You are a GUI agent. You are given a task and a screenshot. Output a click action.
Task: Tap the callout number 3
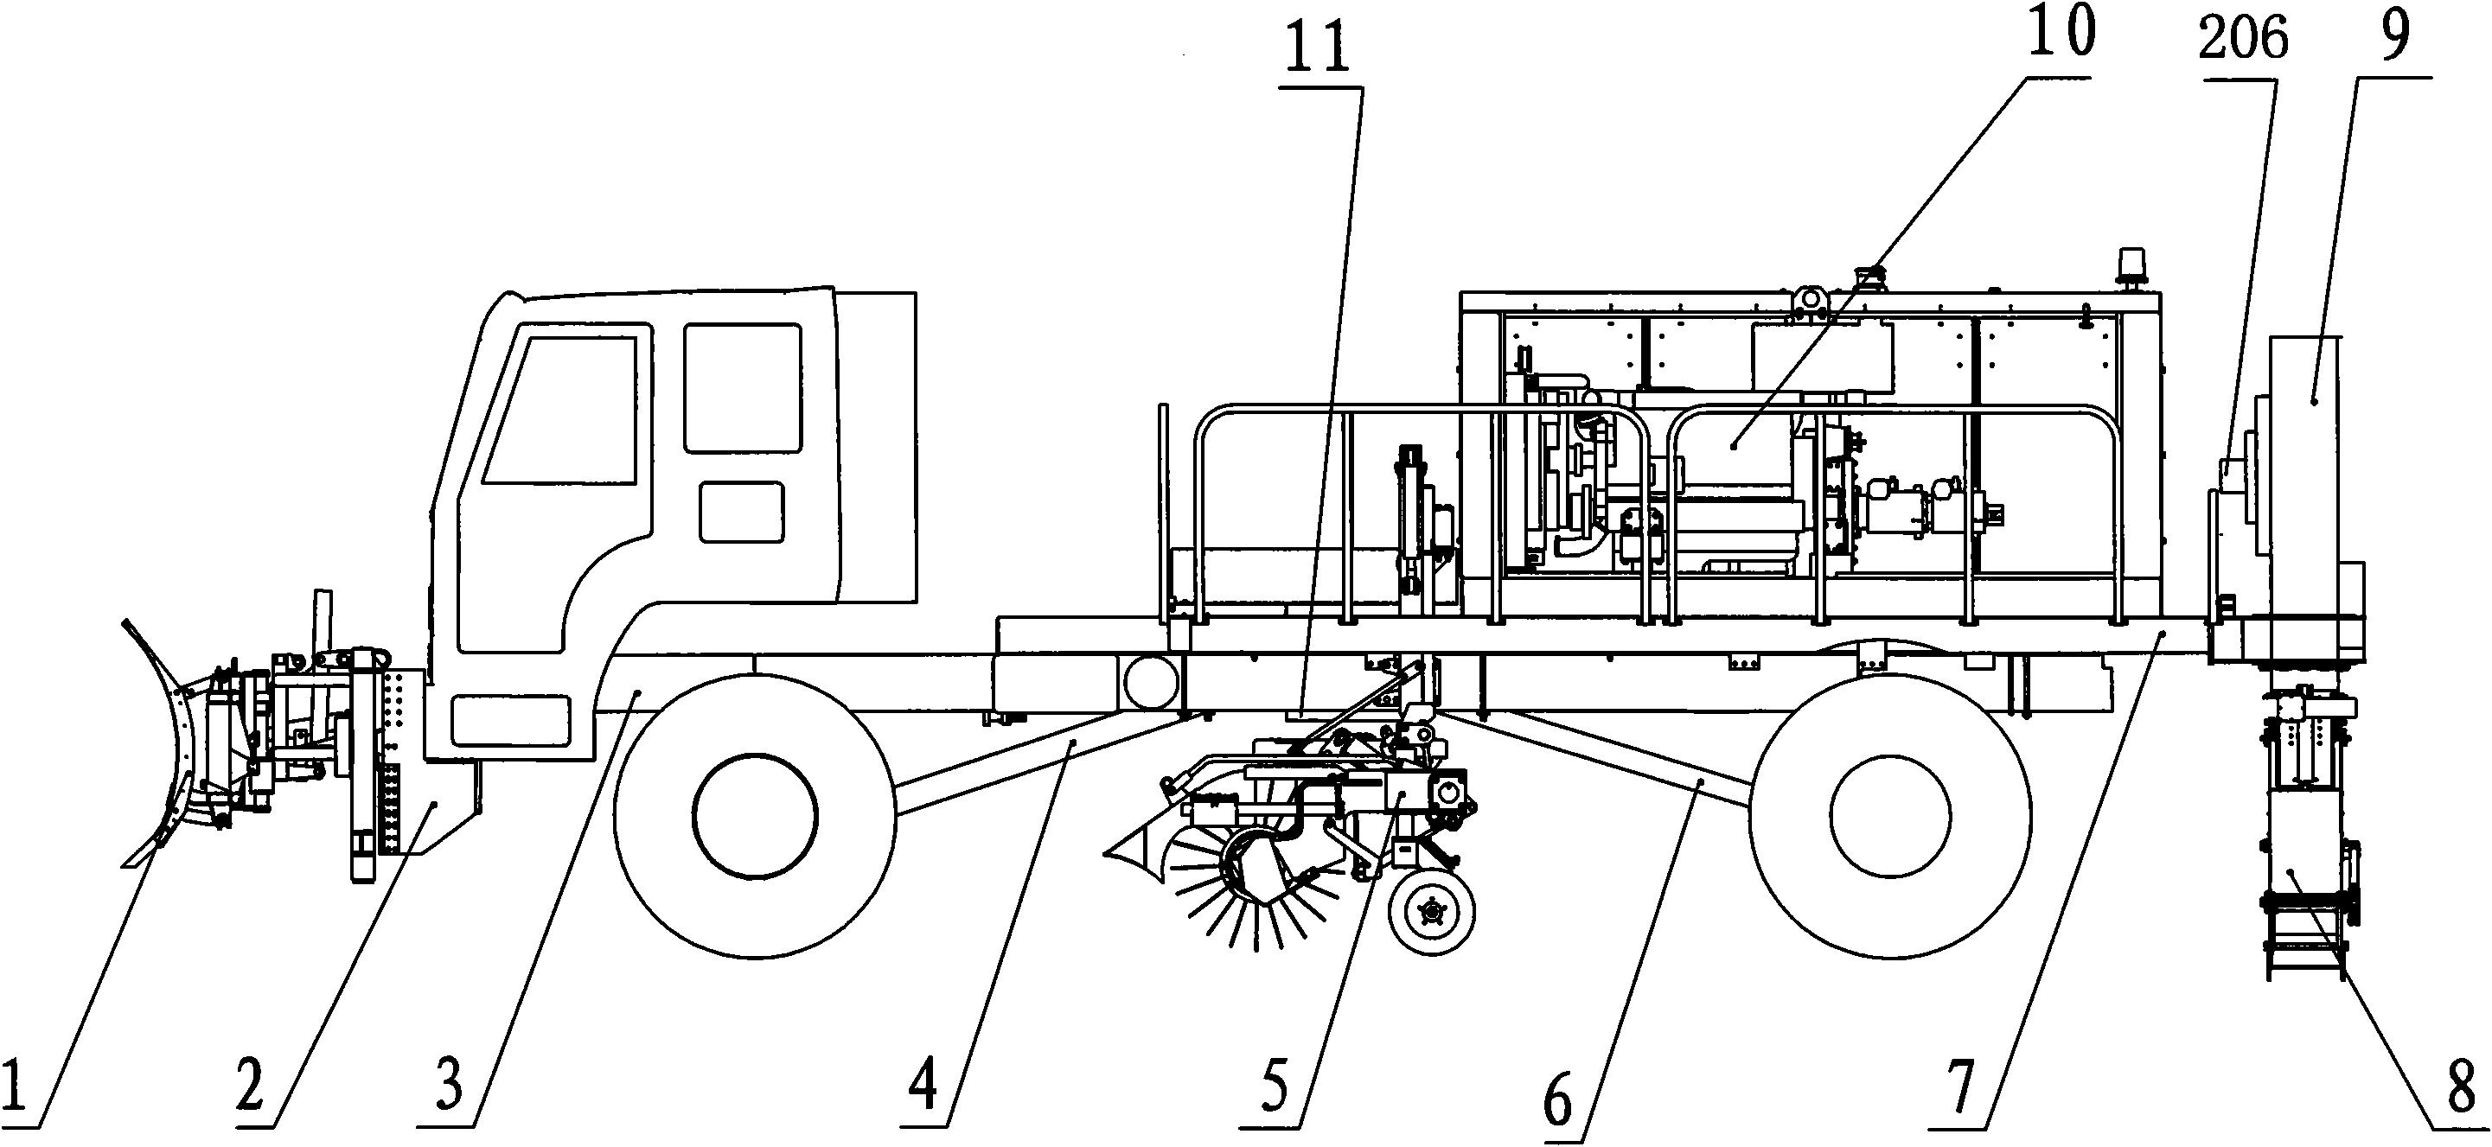coord(448,1084)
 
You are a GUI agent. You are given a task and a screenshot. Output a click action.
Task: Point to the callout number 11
coord(1320,48)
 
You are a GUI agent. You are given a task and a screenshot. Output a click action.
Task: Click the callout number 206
coord(2245,39)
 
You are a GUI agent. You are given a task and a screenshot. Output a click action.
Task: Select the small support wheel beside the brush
coord(1432,910)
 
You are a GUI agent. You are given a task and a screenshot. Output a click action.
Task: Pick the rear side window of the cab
coord(743,388)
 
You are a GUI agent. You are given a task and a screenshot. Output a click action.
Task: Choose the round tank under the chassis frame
coord(1149,683)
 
